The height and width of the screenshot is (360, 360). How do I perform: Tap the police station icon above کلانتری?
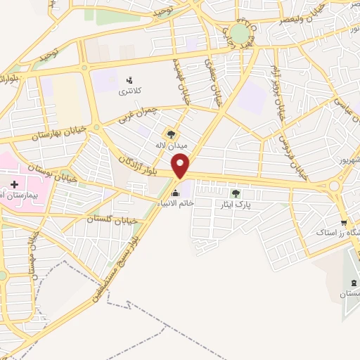pyautogui.click(x=129, y=81)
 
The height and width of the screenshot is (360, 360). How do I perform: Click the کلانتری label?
pyautogui.click(x=129, y=91)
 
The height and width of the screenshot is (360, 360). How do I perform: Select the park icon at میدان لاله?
pyautogui.click(x=170, y=134)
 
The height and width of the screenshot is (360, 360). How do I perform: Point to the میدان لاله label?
pyautogui.click(x=171, y=146)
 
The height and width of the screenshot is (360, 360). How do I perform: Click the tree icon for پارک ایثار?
pyautogui.click(x=236, y=192)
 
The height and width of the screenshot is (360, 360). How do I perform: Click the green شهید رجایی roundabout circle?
pyautogui.click(x=240, y=33)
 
